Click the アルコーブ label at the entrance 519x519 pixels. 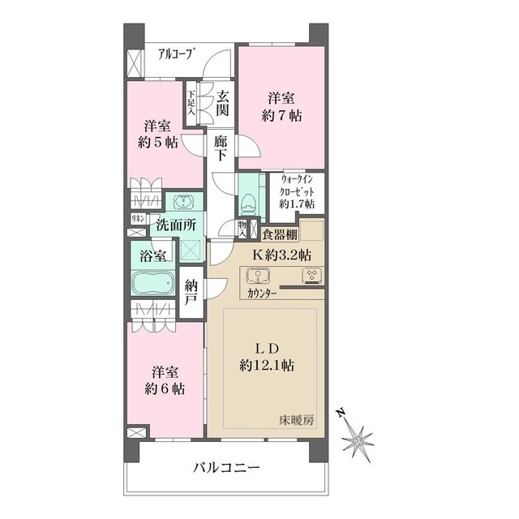coord(176,56)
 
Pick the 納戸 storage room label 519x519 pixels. coord(191,294)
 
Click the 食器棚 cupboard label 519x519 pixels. coord(280,234)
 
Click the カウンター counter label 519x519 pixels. coord(259,294)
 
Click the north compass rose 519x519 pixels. coord(357,439)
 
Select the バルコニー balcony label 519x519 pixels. coord(225,468)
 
